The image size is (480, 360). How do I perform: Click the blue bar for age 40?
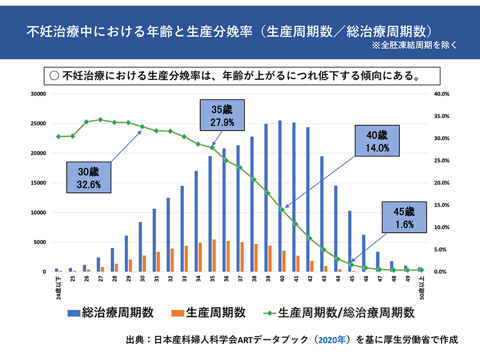point(280,196)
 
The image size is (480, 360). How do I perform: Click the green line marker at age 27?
point(100,120)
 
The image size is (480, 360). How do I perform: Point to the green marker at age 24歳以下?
point(58,136)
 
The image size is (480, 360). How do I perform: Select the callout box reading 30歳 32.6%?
point(90,177)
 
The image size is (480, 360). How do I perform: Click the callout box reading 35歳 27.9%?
point(222,116)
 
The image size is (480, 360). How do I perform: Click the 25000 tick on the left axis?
point(38,123)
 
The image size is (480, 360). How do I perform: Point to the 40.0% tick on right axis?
point(440,94)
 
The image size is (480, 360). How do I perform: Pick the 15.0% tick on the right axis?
point(440,205)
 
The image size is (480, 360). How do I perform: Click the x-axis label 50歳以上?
point(420,288)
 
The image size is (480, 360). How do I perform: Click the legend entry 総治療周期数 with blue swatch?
point(111,313)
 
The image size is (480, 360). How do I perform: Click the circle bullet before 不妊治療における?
point(54,75)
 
